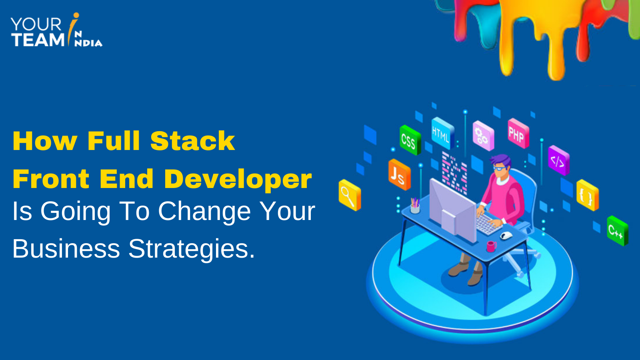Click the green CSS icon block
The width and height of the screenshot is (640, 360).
410,140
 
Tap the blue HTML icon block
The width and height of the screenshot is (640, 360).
442,134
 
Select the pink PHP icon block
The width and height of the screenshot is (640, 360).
518,134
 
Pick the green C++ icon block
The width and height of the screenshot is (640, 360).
617,230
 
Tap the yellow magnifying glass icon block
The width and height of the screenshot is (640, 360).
349,195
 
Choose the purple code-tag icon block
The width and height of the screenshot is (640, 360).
558,161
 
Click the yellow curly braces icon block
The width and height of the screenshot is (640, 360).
587,195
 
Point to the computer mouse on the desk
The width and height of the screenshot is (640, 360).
506,235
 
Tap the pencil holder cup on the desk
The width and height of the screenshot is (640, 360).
415,207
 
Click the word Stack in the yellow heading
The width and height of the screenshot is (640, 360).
192,141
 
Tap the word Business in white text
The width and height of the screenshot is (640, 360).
66,249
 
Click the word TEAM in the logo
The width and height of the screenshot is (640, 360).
38,40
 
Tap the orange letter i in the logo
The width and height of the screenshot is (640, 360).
74,26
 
